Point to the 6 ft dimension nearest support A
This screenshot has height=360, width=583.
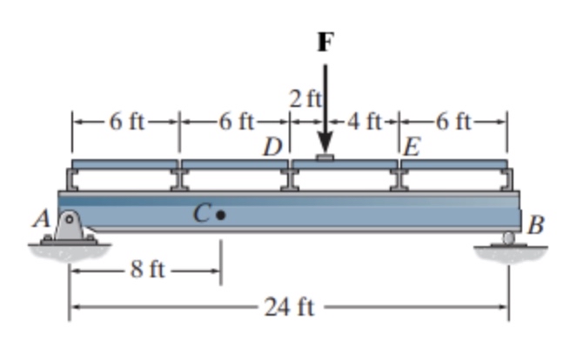[125, 121]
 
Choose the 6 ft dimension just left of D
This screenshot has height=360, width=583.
[234, 121]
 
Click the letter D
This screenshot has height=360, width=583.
[273, 145]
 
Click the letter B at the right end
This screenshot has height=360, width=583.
[536, 228]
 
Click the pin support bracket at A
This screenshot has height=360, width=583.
[70, 229]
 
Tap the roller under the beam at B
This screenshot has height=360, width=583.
[509, 237]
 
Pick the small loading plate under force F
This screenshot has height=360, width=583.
[325, 157]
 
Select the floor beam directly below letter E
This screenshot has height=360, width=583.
[401, 178]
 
